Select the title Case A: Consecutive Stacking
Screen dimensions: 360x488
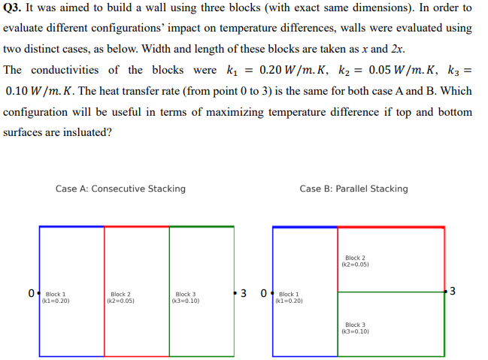pyautogui.click(x=120, y=189)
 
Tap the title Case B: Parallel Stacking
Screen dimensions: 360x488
pyautogui.click(x=353, y=189)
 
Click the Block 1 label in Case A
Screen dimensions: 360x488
pyautogui.click(x=56, y=297)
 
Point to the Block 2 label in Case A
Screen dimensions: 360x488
pyautogui.click(x=121, y=297)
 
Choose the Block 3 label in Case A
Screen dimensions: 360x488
pyautogui.click(x=186, y=297)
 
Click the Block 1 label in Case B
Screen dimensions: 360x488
pyautogui.click(x=289, y=297)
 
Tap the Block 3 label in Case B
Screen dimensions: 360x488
pyautogui.click(x=356, y=328)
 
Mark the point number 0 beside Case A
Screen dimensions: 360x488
pyautogui.click(x=31, y=292)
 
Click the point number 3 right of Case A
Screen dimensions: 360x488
pyautogui.click(x=244, y=292)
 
